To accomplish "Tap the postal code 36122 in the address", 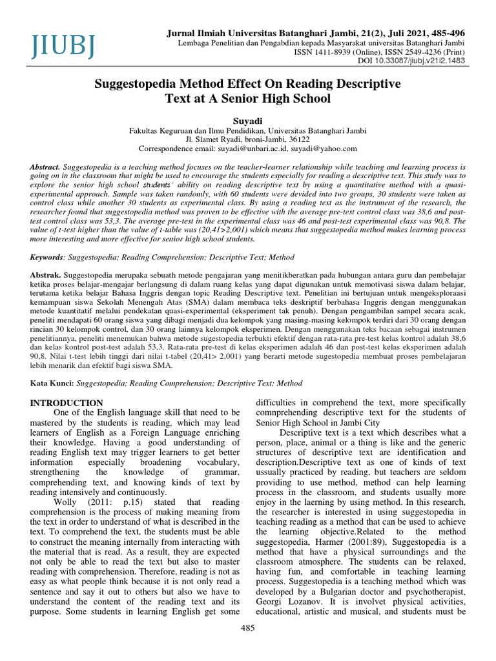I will tap(298, 138).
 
